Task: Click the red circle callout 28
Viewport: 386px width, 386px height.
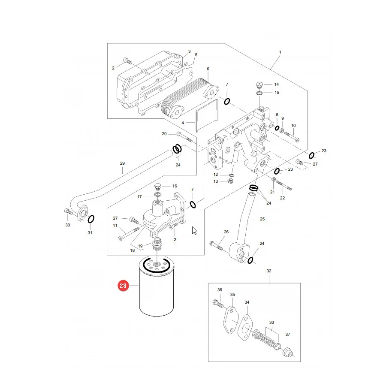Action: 123,286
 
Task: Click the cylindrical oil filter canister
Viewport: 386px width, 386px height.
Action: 156,287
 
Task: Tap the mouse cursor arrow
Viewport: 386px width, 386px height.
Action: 194,231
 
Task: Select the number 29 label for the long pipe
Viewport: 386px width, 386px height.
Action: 122,163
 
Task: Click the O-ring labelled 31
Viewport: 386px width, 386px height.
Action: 91,219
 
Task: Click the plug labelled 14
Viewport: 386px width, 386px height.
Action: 259,85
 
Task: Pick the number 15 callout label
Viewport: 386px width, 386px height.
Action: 277,93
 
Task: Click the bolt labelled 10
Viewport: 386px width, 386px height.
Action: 292,136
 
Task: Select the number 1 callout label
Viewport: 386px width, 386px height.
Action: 280,52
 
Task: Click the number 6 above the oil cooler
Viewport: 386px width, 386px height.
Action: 208,69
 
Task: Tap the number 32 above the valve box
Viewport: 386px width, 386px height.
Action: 269,271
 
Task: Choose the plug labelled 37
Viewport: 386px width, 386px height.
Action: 289,352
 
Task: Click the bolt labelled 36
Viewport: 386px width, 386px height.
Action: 217,303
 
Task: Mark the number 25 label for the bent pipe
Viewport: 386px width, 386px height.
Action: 262,219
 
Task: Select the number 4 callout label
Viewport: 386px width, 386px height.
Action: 183,123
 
